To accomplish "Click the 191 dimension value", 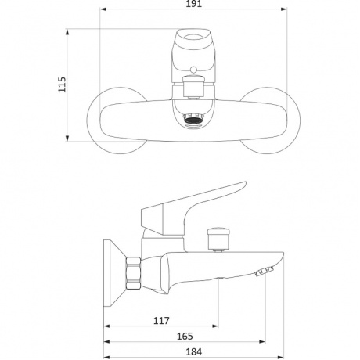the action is (x=194, y=4).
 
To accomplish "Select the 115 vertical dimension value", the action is (x=62, y=85).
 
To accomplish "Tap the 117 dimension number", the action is (x=161, y=320).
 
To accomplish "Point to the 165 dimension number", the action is (x=185, y=337).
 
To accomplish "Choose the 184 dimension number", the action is (x=194, y=352).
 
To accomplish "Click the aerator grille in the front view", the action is (x=193, y=120).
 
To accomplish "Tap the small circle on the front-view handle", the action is (x=193, y=69).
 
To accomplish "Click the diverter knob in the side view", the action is (x=218, y=239).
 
